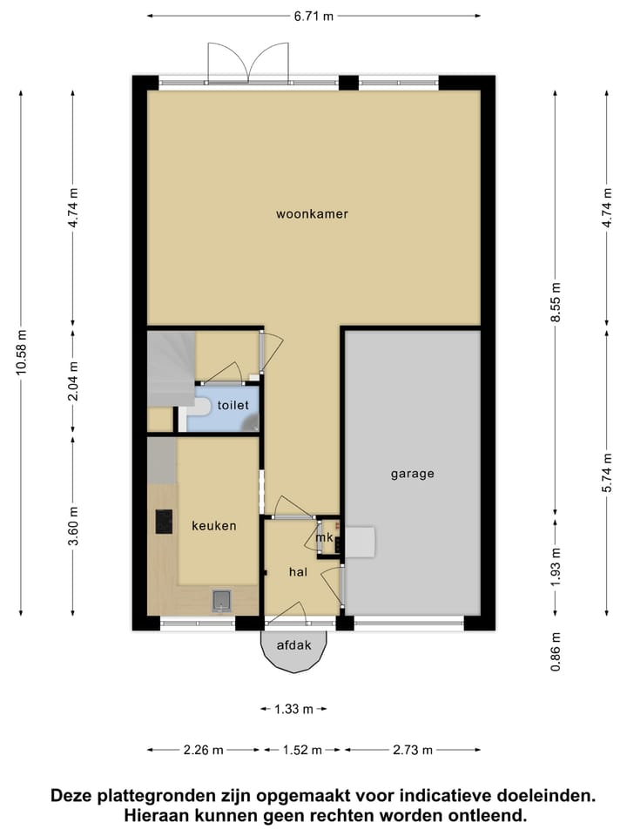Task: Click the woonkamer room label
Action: tap(312, 213)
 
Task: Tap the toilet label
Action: tap(233, 405)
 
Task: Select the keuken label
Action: tap(214, 526)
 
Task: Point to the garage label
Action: tap(412, 474)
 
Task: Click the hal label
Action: tap(300, 572)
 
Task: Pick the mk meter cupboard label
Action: tap(324, 537)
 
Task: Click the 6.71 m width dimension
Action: tap(314, 16)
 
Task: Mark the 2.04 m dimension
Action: tap(73, 381)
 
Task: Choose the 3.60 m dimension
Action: tap(73, 525)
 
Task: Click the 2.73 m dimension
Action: tap(413, 750)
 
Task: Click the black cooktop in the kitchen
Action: tap(164, 522)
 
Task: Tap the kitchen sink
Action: tap(221, 600)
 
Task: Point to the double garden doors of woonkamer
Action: tap(248, 63)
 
